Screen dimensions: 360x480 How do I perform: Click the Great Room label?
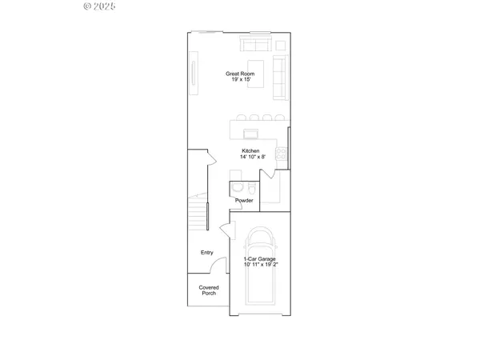[x=239, y=74]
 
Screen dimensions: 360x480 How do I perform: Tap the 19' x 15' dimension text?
[x=239, y=80]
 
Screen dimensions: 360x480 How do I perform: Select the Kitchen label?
[x=251, y=151]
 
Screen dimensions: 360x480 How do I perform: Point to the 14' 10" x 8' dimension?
[x=251, y=158]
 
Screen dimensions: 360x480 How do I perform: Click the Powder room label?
[x=244, y=200]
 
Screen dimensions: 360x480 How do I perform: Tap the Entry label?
[x=207, y=253]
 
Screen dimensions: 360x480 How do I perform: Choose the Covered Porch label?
[x=209, y=290]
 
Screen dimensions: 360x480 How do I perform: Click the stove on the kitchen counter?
[x=282, y=152]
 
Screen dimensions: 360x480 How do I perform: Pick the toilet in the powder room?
[x=237, y=188]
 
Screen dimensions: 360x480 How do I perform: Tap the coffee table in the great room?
[x=257, y=67]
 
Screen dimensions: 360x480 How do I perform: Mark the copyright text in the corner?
[x=100, y=6]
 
